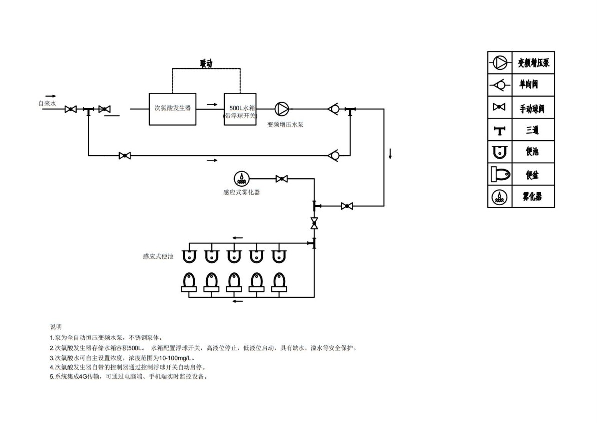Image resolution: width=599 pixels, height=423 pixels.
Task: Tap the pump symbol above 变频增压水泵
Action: [282, 109]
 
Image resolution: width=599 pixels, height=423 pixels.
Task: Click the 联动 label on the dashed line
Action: [206, 63]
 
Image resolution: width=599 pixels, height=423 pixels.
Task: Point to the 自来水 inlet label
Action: [48, 104]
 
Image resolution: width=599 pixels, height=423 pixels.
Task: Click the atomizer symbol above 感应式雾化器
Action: [242, 178]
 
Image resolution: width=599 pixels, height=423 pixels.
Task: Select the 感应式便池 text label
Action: [158, 256]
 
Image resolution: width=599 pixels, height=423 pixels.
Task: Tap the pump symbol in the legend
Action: [500, 62]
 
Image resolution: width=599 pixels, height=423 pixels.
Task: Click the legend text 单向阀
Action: [529, 85]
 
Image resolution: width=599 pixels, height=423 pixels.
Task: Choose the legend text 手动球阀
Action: [532, 108]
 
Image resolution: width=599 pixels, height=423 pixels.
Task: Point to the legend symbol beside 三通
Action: [500, 131]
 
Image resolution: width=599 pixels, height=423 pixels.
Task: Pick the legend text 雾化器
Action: [532, 196]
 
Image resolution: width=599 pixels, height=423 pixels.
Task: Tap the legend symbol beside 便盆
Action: [500, 174]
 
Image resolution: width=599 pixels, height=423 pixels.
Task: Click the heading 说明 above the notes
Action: [56, 327]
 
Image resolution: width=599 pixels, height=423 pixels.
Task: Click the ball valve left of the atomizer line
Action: [282, 179]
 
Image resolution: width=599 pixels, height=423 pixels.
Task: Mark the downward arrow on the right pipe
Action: [390, 153]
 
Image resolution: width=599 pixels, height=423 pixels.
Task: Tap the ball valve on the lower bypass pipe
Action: [125, 156]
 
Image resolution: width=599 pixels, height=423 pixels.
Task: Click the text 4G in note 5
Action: [83, 377]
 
